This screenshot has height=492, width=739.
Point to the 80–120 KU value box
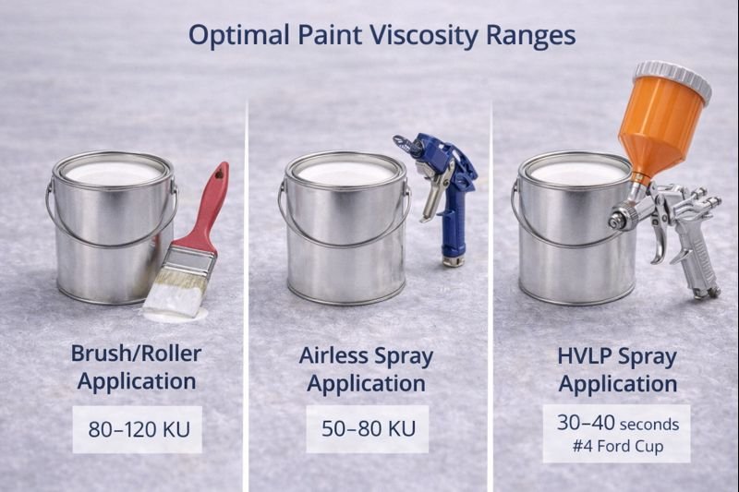137,429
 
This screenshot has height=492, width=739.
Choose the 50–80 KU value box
368,429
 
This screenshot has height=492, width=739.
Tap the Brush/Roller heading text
136,353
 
